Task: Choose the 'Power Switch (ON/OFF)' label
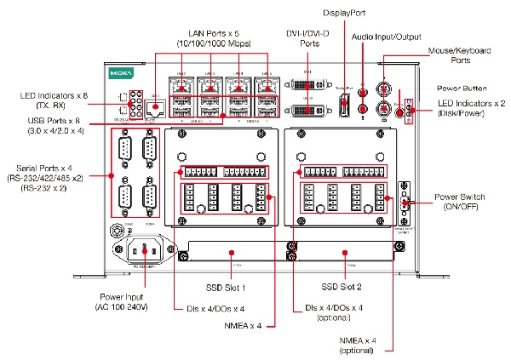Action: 461,203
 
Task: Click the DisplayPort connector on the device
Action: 343,102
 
